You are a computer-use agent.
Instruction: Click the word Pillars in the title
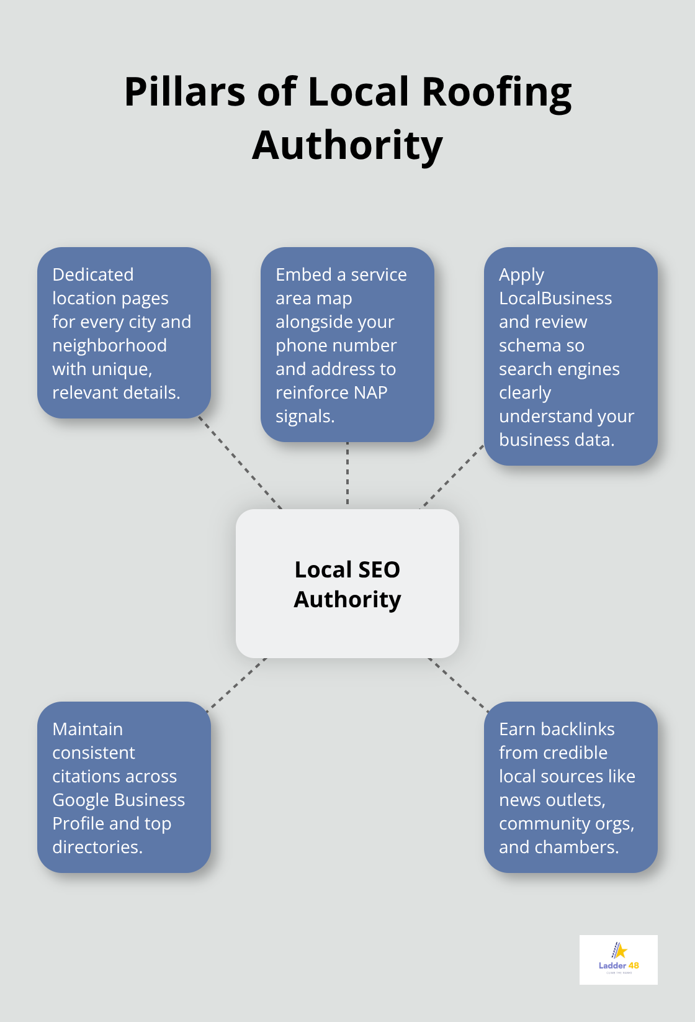185,92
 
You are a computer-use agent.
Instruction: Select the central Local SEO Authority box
347,584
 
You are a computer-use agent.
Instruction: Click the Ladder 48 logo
618,959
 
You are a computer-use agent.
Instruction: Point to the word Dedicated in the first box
93,274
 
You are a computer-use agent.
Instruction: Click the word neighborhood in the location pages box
109,345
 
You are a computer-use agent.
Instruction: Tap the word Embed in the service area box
303,274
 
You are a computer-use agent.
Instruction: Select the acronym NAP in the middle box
370,392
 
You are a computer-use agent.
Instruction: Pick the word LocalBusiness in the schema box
555,298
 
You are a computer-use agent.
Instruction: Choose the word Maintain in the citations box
87,729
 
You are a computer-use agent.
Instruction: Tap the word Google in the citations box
81,800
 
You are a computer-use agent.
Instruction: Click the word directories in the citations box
97,847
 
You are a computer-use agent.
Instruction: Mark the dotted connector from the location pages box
240,463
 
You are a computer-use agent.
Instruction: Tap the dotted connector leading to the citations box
238,682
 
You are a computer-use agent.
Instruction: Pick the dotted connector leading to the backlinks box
458,682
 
